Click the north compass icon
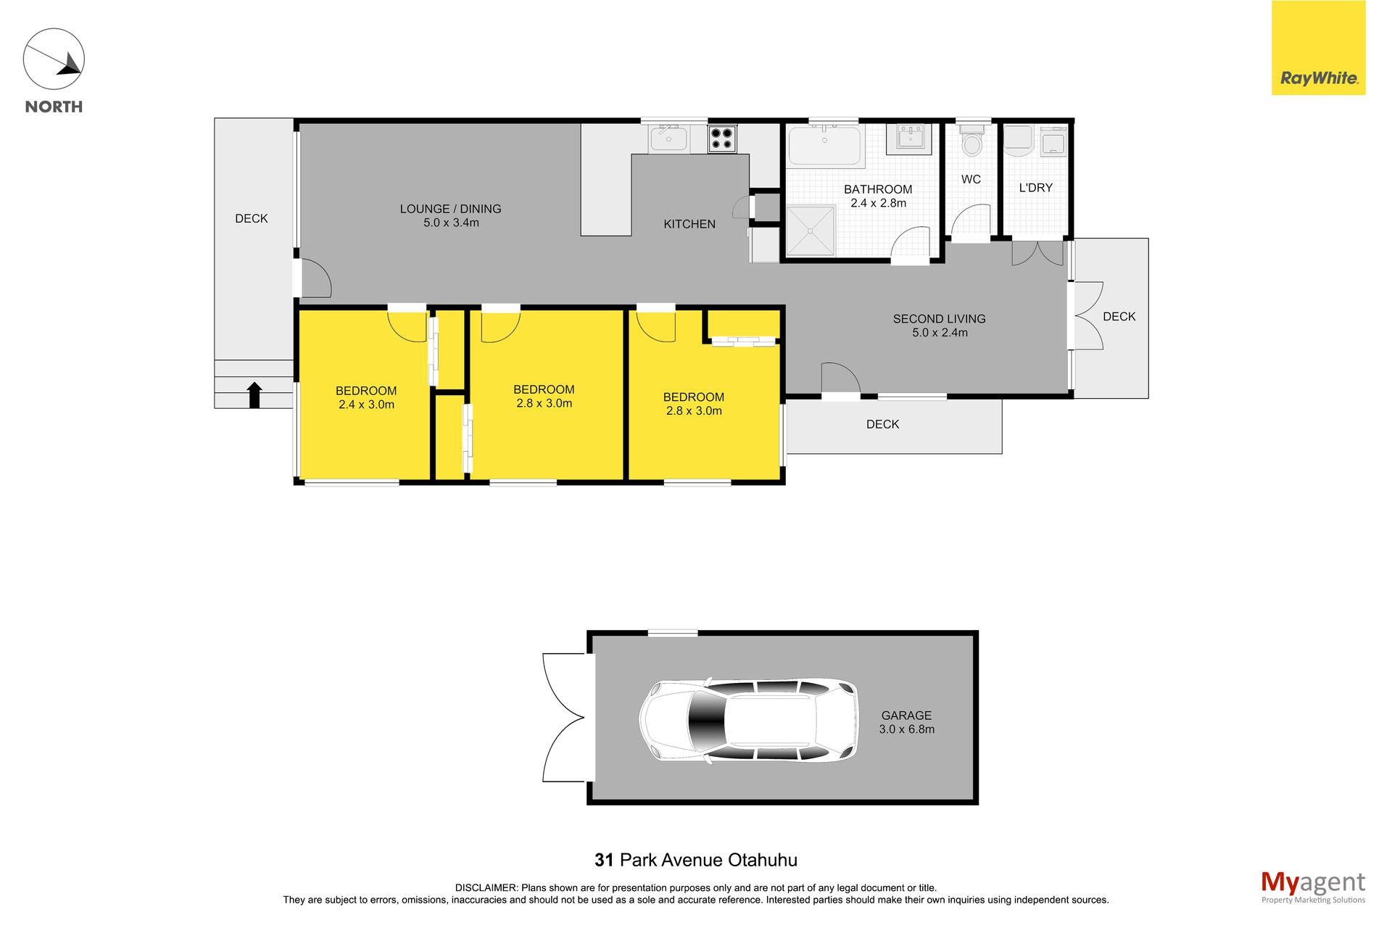click(x=54, y=59)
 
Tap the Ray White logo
click(x=1318, y=48)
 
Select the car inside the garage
click(x=747, y=720)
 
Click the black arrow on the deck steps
click(x=254, y=395)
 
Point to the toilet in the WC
click(x=971, y=141)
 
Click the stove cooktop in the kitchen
click(x=722, y=138)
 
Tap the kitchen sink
click(x=668, y=138)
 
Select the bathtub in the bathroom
click(x=824, y=145)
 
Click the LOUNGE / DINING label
click(x=450, y=209)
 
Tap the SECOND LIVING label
click(x=939, y=319)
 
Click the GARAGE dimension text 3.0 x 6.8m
click(x=906, y=729)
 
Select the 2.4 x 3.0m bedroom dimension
click(x=366, y=405)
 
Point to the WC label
click(x=971, y=179)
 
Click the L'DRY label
click(x=1035, y=188)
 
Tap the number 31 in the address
click(x=604, y=860)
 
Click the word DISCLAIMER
click(x=486, y=887)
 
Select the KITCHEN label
click(x=689, y=224)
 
